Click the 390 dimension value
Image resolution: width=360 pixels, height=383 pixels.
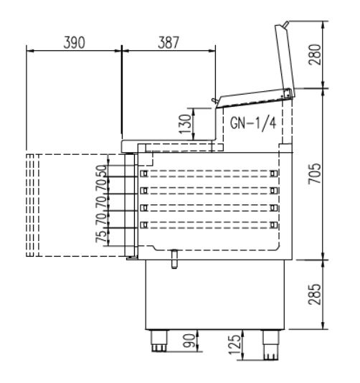coord(75,42)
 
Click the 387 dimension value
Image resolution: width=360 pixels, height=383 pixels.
coord(169,42)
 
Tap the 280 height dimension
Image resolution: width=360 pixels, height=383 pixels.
coord(315,55)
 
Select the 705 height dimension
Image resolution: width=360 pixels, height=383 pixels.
coord(315,174)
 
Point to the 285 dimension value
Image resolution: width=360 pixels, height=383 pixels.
coord(315,294)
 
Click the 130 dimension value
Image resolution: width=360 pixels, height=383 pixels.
coord(185,124)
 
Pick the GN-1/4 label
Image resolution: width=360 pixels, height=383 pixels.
coord(253,123)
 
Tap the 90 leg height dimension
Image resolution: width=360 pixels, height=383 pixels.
coord(189,341)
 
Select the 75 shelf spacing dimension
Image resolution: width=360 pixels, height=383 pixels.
coord(101,237)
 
